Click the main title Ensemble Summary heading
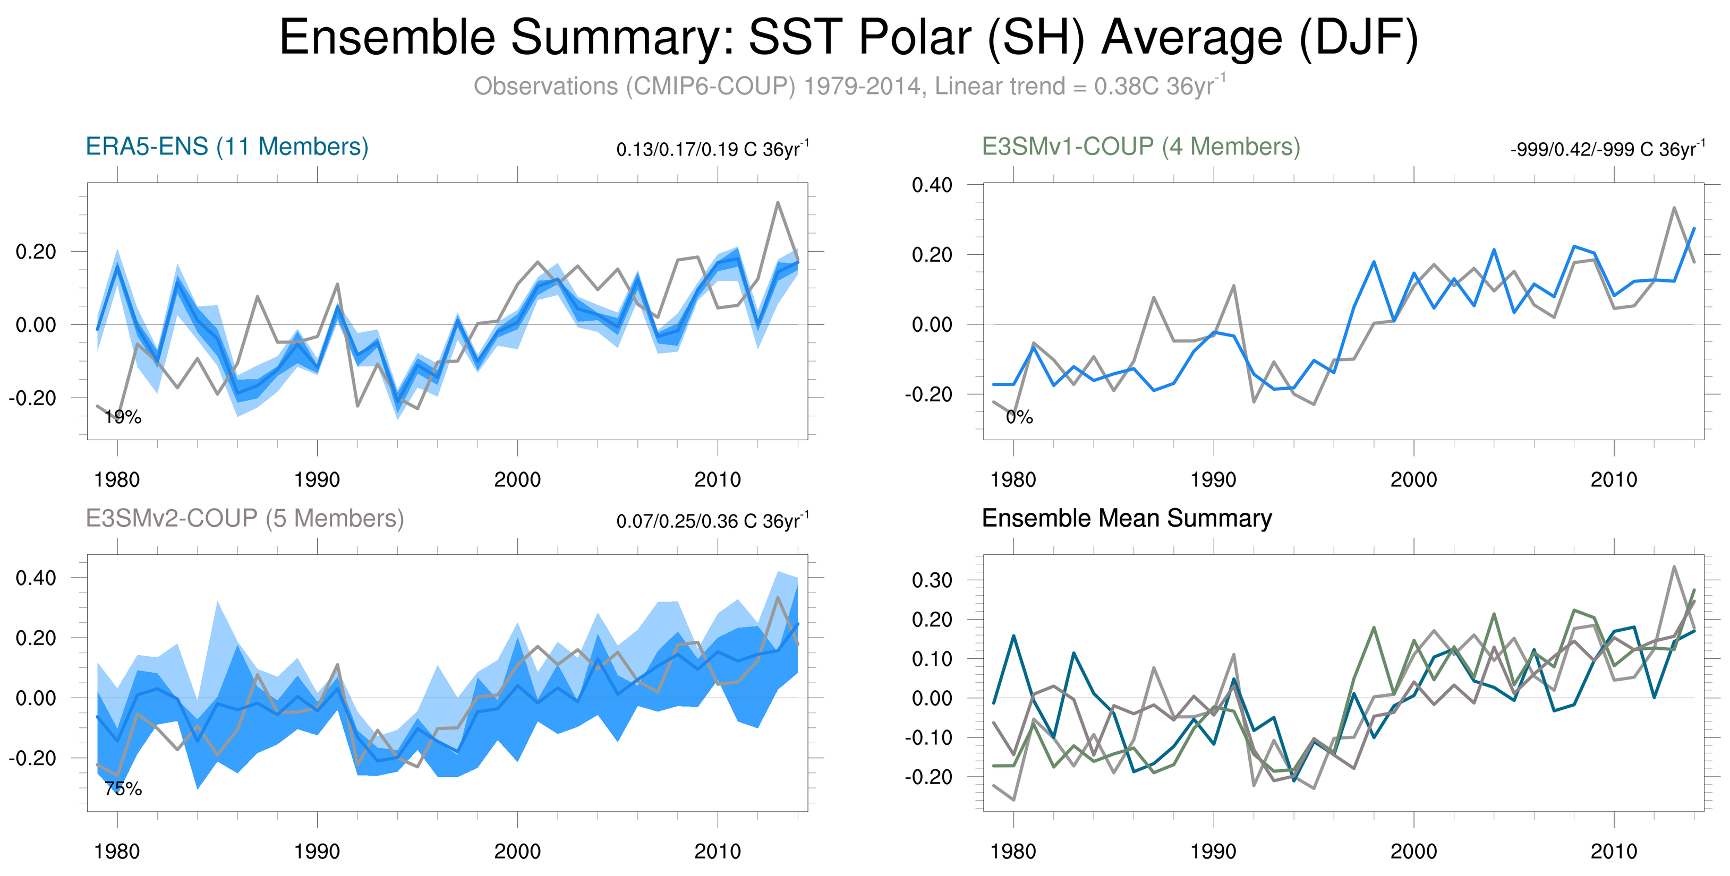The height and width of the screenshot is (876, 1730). (x=849, y=38)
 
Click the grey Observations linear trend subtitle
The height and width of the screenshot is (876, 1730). (x=849, y=87)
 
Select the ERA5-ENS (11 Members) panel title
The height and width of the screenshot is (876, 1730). (x=227, y=147)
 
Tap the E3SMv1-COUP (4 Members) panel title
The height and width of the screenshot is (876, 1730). (x=1140, y=147)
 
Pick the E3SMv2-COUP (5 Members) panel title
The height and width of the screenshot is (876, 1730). (x=244, y=519)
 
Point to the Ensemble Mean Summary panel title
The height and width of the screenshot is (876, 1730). (x=1126, y=519)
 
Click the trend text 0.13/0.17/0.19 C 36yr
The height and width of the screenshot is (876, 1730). (x=712, y=149)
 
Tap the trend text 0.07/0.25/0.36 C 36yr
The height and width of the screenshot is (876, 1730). (x=712, y=521)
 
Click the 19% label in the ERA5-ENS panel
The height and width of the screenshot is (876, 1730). (x=123, y=417)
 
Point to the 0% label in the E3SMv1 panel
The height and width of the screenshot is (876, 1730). (x=1019, y=417)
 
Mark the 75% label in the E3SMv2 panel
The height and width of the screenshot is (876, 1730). (x=123, y=789)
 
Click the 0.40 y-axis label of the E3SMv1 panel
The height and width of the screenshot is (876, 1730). (x=932, y=185)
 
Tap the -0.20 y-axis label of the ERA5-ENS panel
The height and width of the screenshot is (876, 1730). (x=32, y=398)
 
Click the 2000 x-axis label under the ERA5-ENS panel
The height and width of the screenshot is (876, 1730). (x=517, y=480)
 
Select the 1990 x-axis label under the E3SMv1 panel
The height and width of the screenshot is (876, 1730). (x=1213, y=480)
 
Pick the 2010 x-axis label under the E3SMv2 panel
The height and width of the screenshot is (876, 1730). (x=717, y=852)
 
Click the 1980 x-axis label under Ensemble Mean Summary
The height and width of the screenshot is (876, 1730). (x=1013, y=852)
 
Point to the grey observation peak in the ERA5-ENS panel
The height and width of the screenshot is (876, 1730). (x=778, y=202)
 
